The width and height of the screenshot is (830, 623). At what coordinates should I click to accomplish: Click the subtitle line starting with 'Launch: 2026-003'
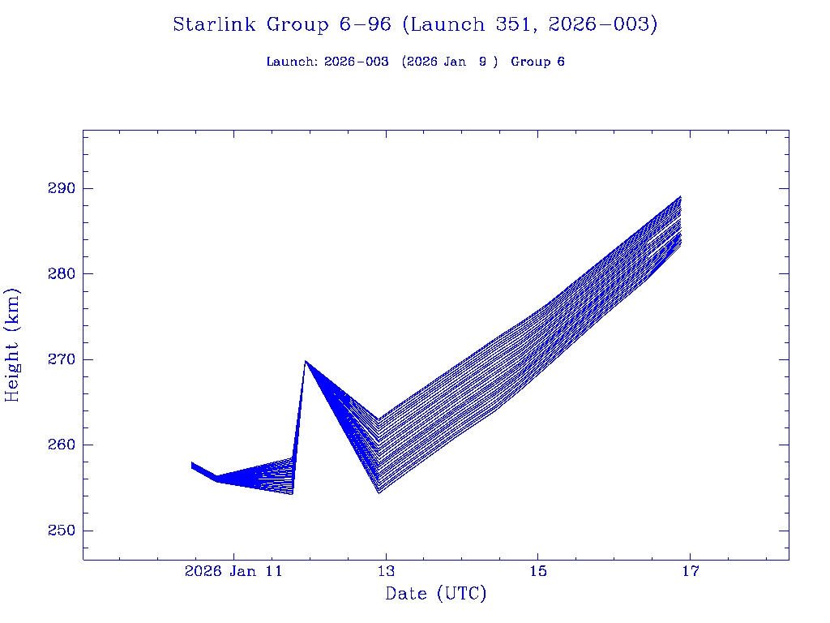[415, 62]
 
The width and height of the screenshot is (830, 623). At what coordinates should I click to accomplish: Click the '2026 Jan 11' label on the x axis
[233, 571]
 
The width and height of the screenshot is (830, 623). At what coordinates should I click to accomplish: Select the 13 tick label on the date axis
[386, 571]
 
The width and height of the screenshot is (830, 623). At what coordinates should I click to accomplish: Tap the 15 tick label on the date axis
[538, 571]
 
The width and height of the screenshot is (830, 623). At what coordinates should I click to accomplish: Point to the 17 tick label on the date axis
[690, 571]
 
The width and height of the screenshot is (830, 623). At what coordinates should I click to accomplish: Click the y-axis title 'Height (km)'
[13, 345]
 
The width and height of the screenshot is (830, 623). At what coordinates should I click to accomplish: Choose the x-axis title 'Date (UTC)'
[436, 594]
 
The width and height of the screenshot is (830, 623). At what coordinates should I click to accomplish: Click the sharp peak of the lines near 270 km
[306, 361]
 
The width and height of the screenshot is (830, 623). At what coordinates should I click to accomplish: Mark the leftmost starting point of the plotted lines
[192, 465]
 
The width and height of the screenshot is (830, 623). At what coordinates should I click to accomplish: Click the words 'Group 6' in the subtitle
[537, 62]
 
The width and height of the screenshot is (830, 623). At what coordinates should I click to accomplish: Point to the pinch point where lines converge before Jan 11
[217, 479]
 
